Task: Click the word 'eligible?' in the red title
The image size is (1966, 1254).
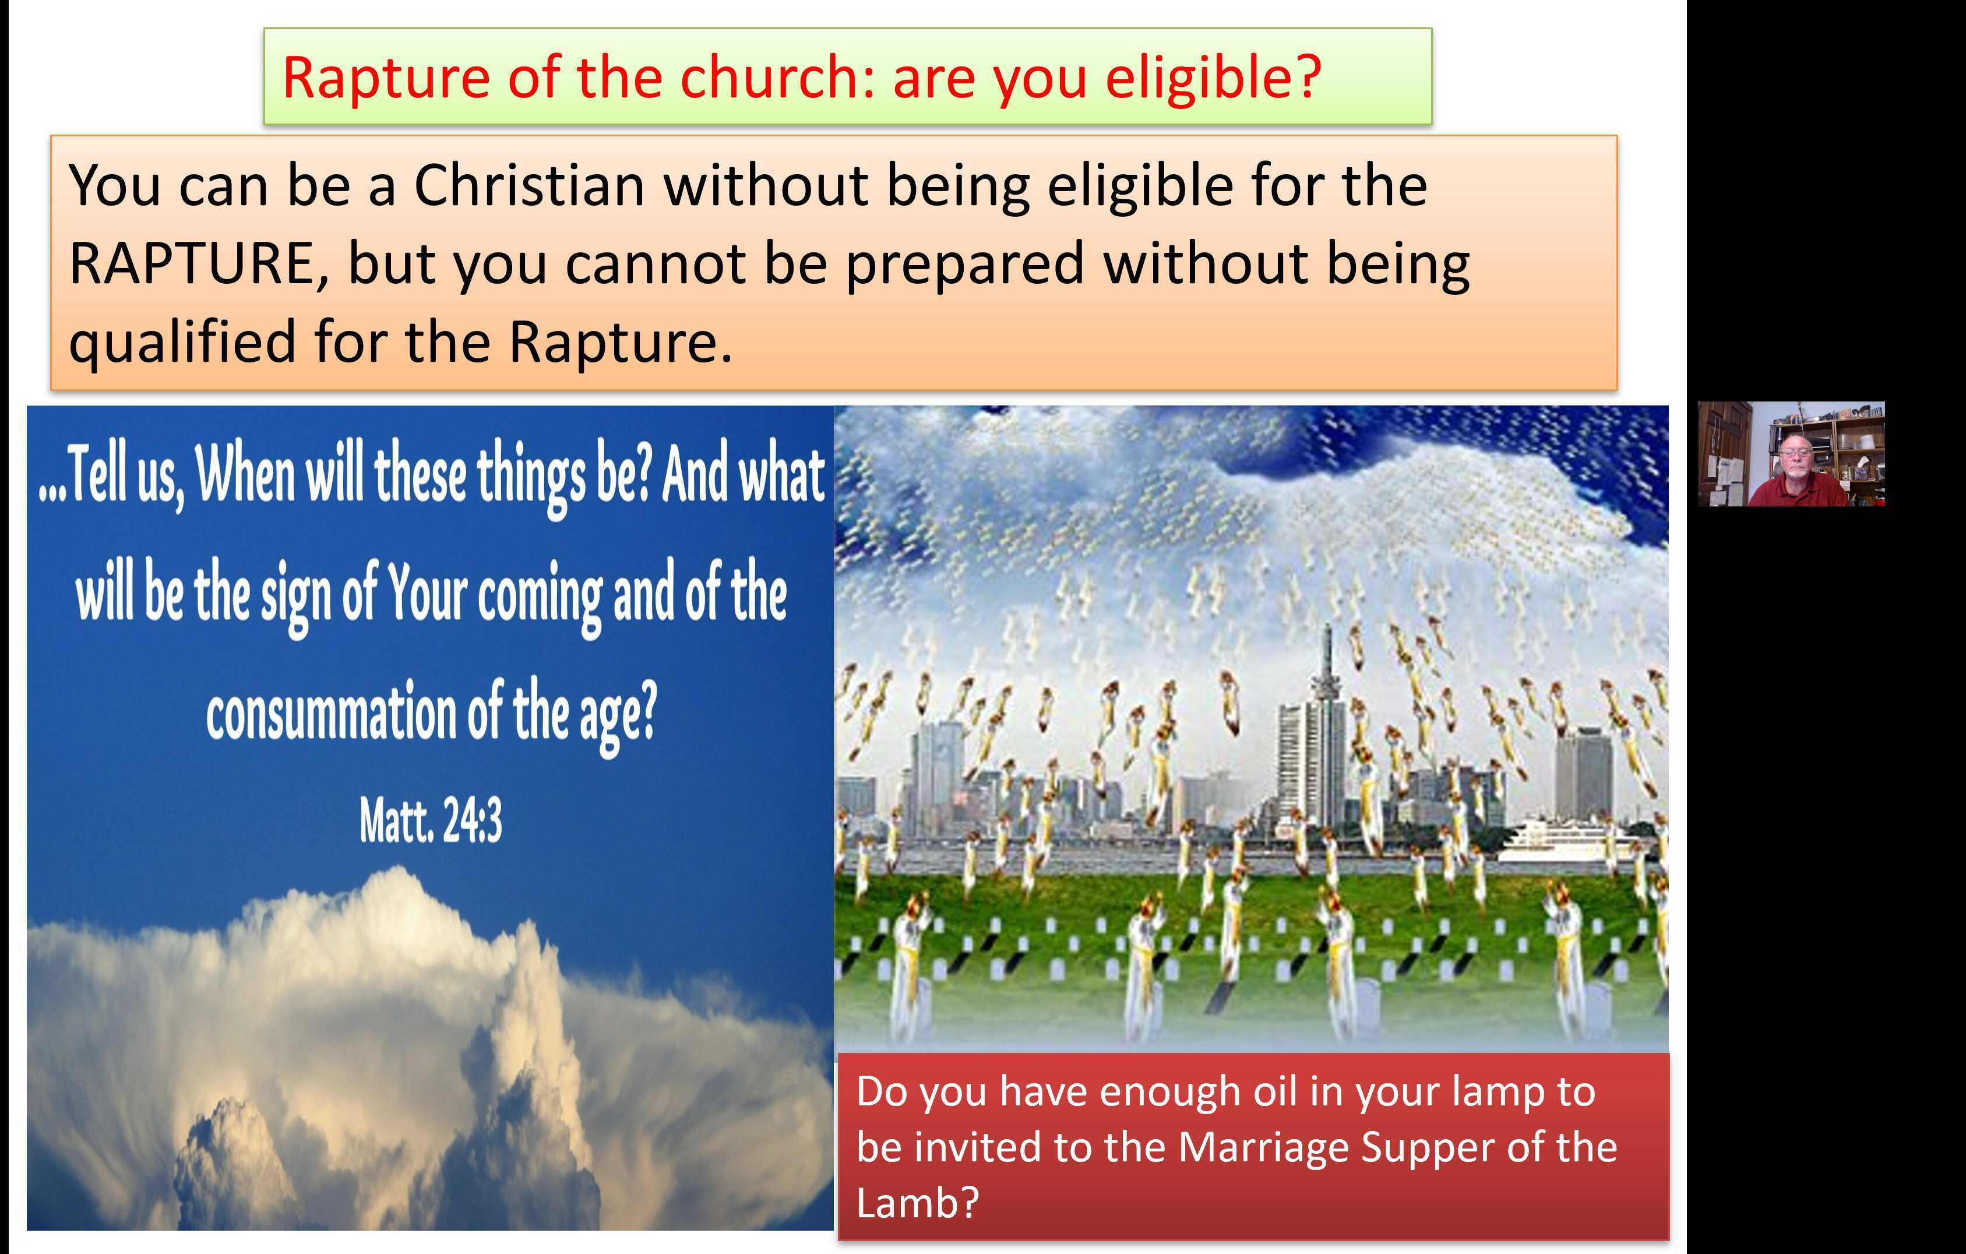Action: [1213, 78]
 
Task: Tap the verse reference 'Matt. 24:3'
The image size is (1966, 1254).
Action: [430, 820]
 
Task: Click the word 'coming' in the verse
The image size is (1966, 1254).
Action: [541, 596]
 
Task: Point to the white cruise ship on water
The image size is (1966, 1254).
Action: [1555, 841]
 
